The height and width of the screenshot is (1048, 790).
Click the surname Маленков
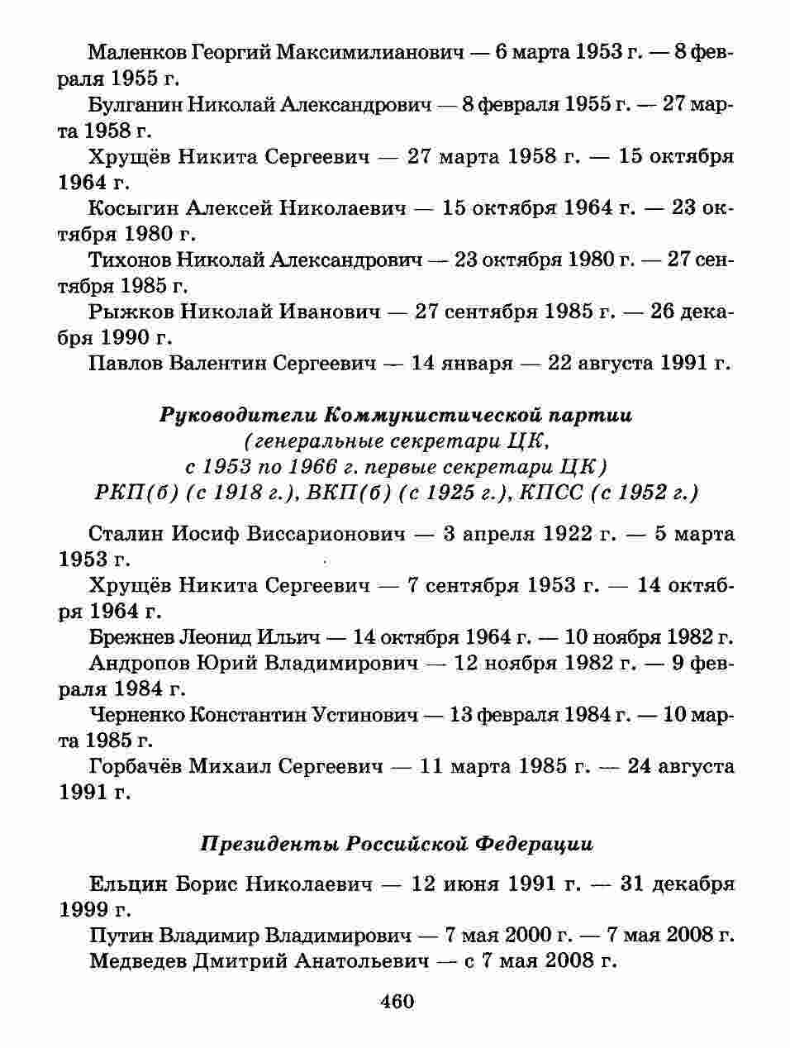pos(136,53)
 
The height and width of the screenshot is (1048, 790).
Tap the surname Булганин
pos(135,105)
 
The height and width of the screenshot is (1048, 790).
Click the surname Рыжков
pos(131,312)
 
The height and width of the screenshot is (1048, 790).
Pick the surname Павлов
pos(125,363)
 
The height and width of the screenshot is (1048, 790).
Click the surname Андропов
pos(136,663)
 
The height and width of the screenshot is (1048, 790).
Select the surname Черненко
pos(136,715)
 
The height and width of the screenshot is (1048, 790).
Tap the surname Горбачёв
pos(135,766)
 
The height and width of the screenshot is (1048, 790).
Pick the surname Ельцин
pos(128,884)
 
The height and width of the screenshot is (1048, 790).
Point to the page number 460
pos(397,1002)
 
